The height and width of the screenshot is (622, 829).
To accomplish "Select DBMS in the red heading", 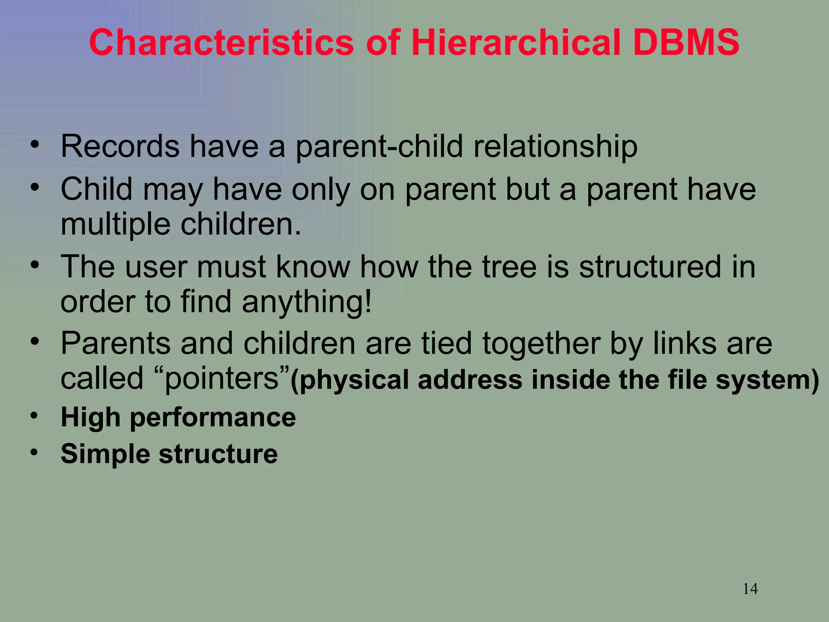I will click(x=686, y=43).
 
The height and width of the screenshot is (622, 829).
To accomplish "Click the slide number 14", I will click(x=750, y=588).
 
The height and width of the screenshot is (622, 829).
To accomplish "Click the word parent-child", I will click(x=379, y=147).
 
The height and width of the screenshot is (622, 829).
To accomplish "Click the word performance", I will click(x=213, y=417).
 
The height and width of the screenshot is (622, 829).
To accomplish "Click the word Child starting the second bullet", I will click(x=96, y=189).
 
